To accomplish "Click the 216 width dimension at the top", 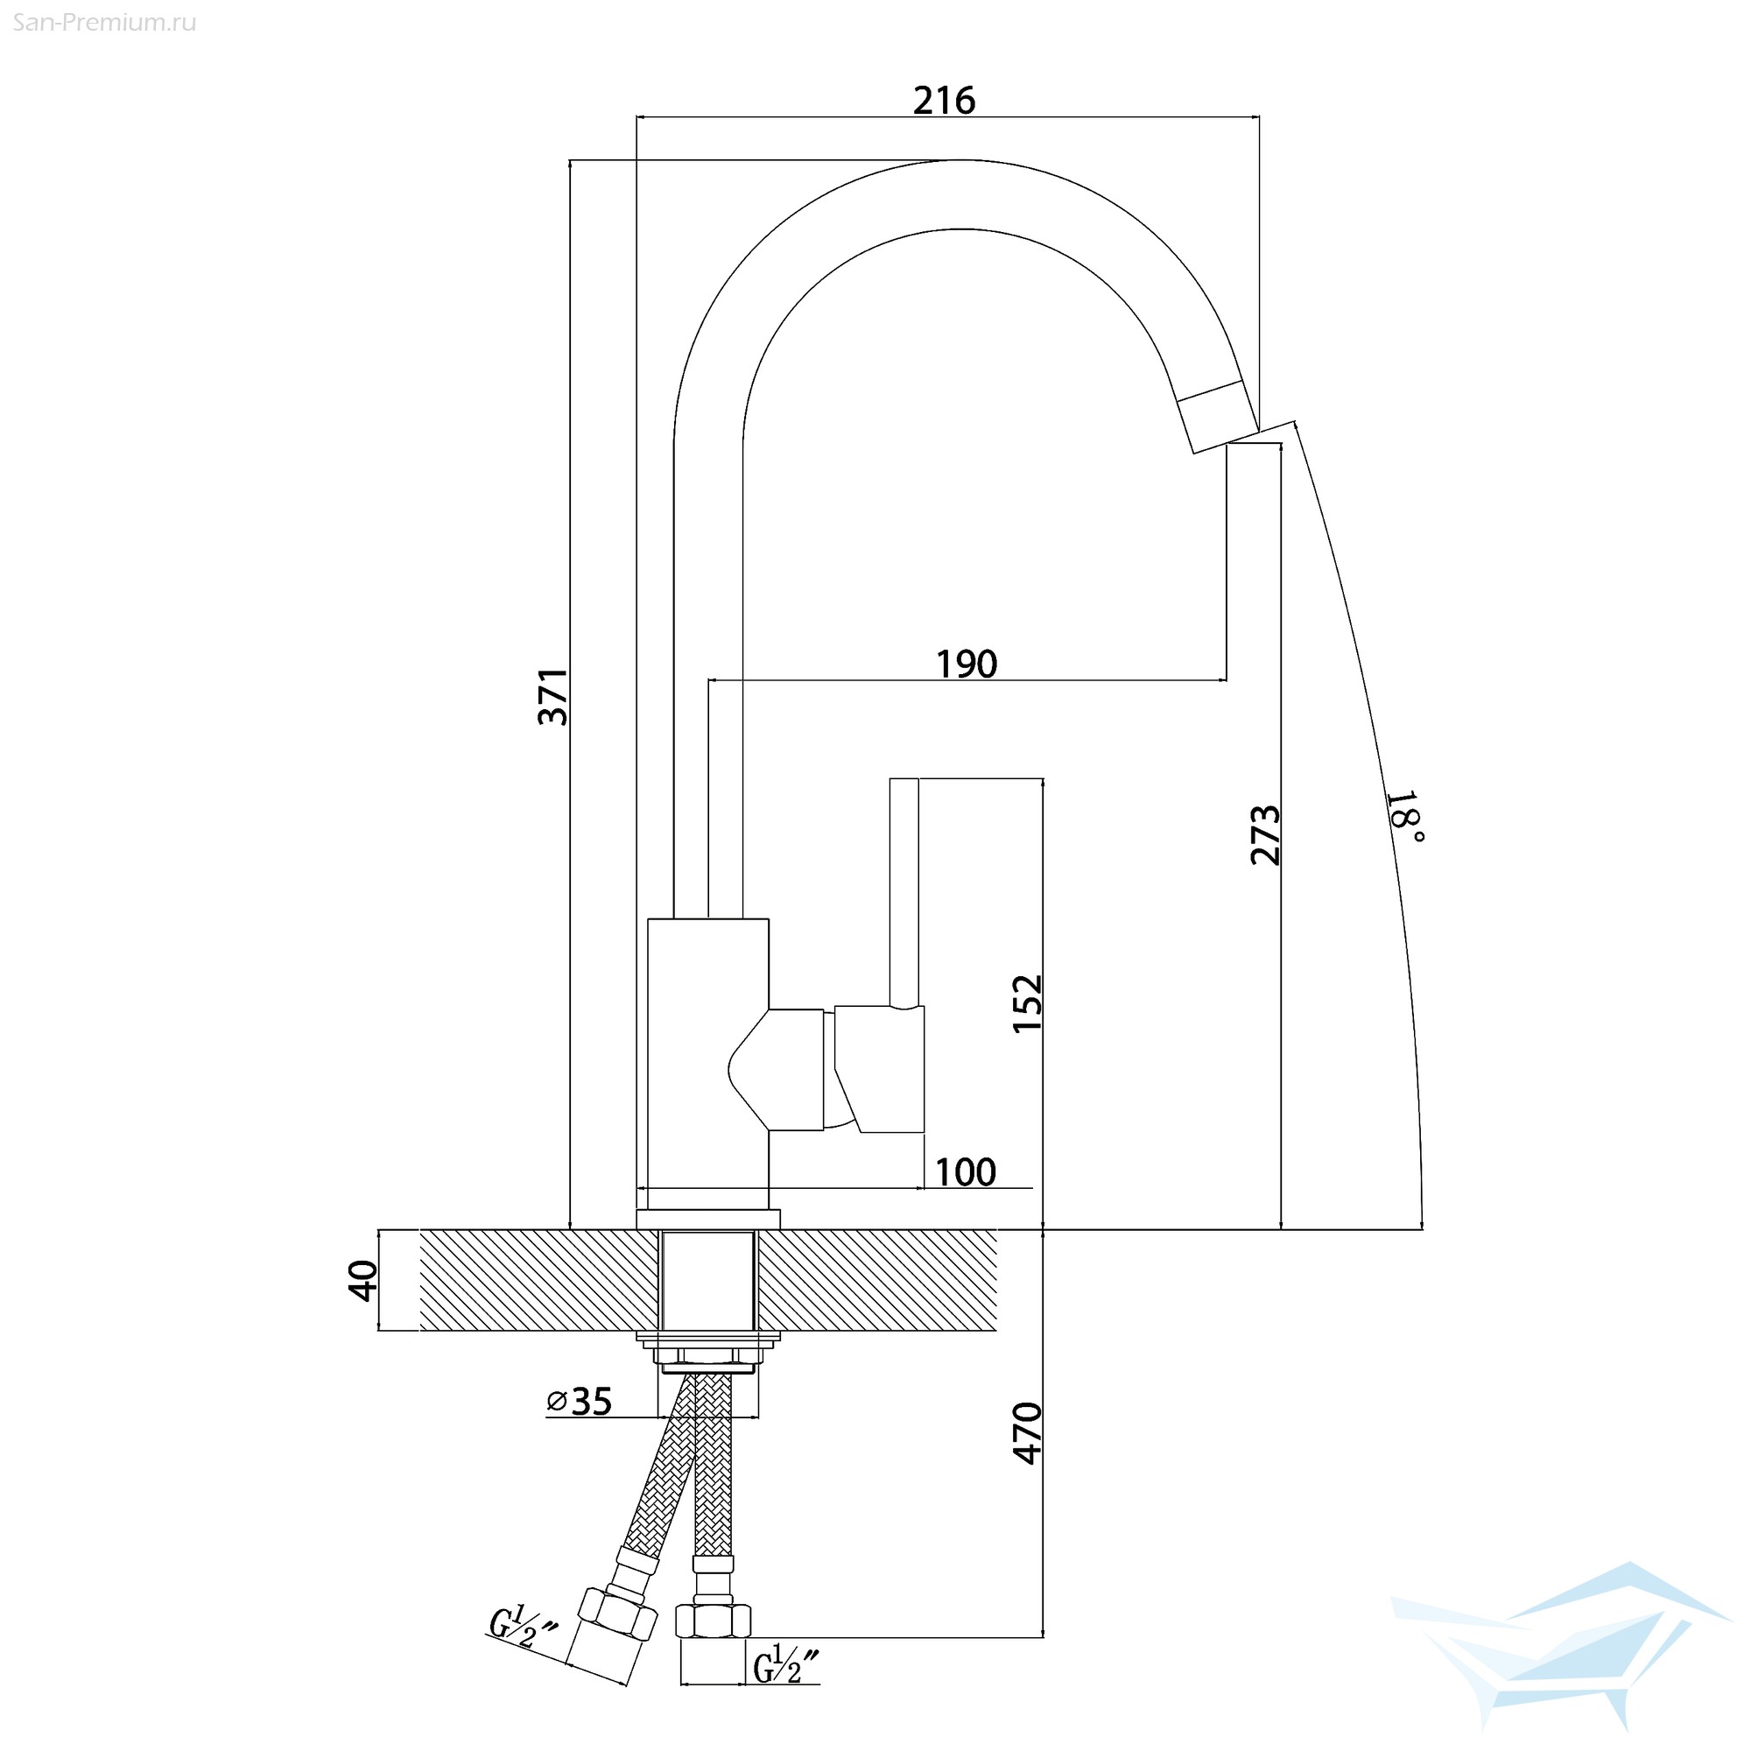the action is coord(944,101).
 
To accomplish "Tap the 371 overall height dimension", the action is coord(552,697).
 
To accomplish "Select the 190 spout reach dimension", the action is coord(967,665).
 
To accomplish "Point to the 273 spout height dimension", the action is coord(1265,834).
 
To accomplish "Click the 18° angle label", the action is coord(1405,816).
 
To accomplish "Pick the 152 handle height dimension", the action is coord(1028,1003).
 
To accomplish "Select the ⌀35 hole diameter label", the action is coord(580,1401).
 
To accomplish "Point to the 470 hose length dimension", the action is coord(1028,1433).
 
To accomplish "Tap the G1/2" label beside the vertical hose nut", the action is coord(787,1665).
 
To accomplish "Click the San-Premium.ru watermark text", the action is coord(105,23).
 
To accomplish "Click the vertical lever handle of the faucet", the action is coord(904,892).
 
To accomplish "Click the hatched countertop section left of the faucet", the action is coord(539,1280).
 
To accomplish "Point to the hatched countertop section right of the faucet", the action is coord(877,1280).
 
